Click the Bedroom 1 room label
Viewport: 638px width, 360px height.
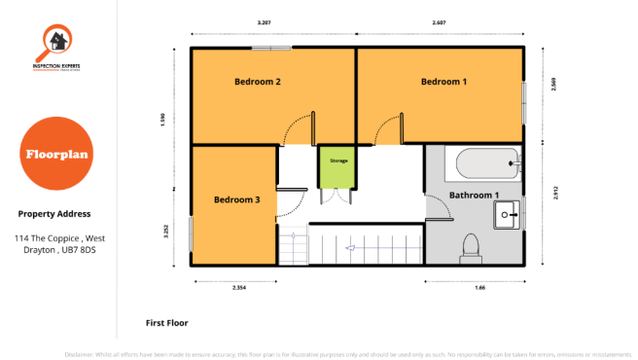(443, 82)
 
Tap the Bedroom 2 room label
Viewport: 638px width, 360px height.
(258, 82)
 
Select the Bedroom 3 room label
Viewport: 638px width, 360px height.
(236, 199)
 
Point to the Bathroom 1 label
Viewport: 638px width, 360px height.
(474, 196)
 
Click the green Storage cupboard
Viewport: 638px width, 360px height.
(337, 165)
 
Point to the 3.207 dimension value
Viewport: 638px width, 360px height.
(264, 21)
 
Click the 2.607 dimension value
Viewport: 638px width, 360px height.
(441, 21)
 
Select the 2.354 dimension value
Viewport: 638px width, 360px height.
(238, 288)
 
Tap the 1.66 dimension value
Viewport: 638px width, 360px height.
(480, 288)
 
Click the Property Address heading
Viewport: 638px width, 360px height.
(54, 214)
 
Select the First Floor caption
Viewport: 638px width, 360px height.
(166, 322)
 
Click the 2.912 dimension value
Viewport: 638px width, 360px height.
(554, 194)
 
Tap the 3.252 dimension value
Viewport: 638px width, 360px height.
(166, 232)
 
